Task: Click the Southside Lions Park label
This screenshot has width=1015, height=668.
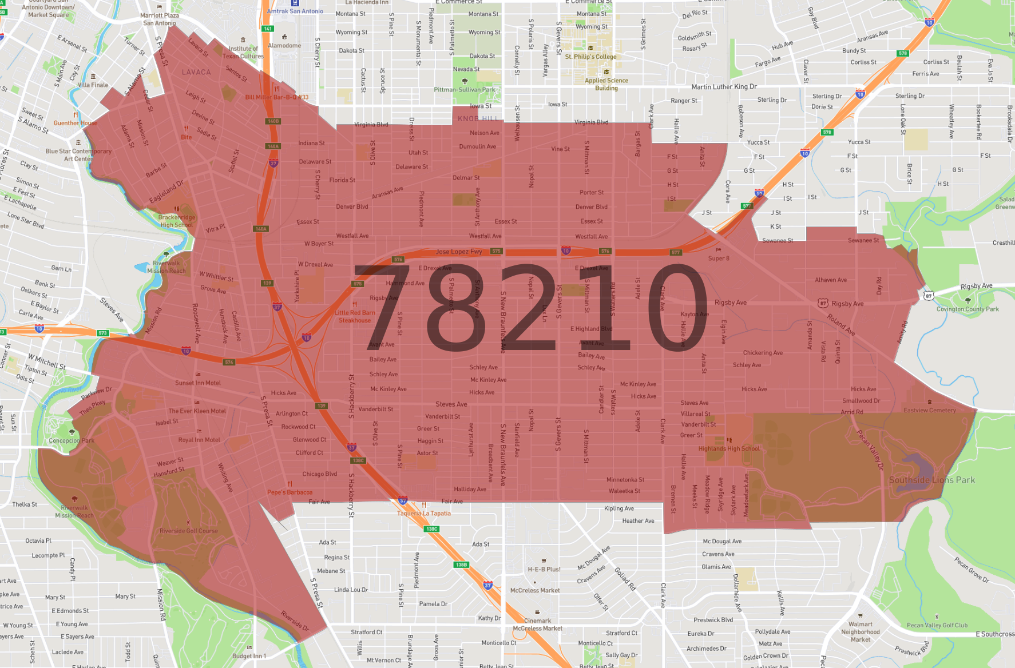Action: click(931, 480)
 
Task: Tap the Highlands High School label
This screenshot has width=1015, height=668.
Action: click(729, 448)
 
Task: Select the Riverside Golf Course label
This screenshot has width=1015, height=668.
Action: click(188, 531)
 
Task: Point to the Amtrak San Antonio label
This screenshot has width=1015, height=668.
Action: click(295, 11)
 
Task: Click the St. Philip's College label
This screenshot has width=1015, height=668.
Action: click(590, 57)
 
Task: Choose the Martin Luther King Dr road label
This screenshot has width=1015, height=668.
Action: click(724, 87)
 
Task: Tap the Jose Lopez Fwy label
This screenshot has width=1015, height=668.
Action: click(459, 252)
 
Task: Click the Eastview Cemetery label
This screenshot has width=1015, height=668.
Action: click(930, 410)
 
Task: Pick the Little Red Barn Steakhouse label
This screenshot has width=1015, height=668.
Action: click(355, 316)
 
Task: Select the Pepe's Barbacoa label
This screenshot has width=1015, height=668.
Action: click(290, 492)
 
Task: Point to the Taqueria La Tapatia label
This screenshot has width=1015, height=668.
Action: click(424, 513)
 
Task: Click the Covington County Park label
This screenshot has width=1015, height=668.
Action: click(968, 309)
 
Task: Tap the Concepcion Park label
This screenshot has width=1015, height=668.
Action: click(72, 440)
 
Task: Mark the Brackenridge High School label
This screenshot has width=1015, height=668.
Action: click(177, 221)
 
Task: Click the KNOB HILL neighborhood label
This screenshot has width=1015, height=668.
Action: click(478, 118)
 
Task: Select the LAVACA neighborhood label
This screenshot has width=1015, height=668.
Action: click(196, 72)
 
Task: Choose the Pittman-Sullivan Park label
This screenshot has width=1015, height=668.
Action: click(465, 89)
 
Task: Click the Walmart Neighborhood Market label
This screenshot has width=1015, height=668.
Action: click(861, 631)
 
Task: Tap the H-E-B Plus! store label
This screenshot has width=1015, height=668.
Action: click(544, 569)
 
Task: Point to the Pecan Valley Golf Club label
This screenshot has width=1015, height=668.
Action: click(937, 625)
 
